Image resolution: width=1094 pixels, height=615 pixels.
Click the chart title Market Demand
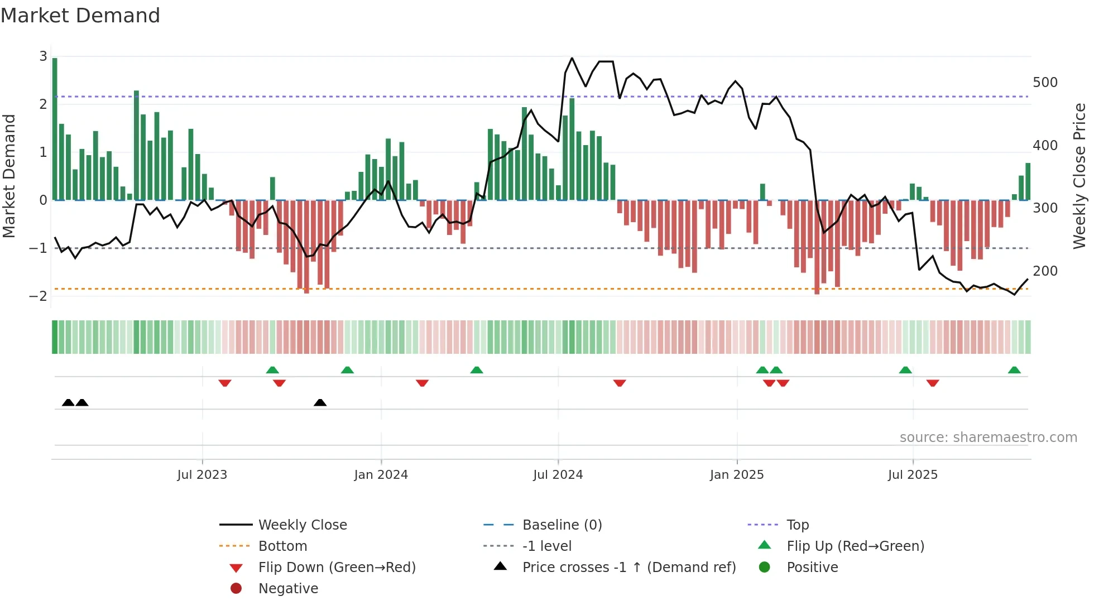pyautogui.click(x=80, y=16)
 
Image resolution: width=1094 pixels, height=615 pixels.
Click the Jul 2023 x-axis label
pyautogui.click(x=202, y=475)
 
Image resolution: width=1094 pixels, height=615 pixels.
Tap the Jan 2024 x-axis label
pyautogui.click(x=381, y=475)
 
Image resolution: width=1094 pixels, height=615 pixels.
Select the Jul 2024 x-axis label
pyautogui.click(x=558, y=475)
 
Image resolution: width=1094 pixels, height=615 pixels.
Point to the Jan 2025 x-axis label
pyautogui.click(x=737, y=475)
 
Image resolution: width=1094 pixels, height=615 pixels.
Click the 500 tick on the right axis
pyautogui.click(x=1045, y=83)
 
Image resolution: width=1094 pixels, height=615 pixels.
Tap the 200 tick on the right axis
pyautogui.click(x=1045, y=271)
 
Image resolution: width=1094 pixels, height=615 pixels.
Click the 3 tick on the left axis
pyautogui.click(x=43, y=56)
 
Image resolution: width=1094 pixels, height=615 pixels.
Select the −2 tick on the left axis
pyautogui.click(x=39, y=296)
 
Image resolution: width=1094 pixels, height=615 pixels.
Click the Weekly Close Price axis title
pyautogui.click(x=1079, y=176)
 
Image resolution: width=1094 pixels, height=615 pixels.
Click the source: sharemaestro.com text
pyautogui.click(x=988, y=438)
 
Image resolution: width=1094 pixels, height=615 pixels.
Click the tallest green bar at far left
pyautogui.click(x=55, y=128)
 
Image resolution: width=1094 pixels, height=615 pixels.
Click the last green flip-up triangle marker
pyautogui.click(x=1014, y=370)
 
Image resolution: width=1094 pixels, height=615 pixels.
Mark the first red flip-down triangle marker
pyautogui.click(x=225, y=383)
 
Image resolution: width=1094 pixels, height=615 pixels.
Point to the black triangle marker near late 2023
pyautogui.click(x=320, y=402)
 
